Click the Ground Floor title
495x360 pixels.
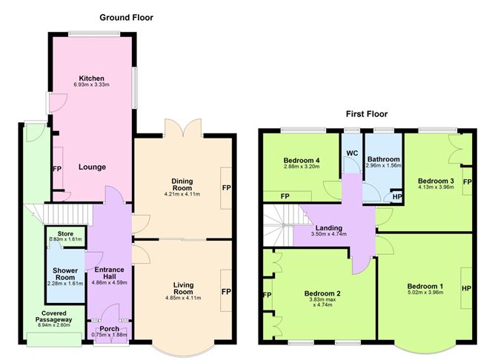126,18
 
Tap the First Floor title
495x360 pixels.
367,114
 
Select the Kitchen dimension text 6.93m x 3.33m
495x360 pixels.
92,85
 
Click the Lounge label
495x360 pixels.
92,167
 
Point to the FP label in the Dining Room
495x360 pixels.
226,188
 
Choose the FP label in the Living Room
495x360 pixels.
226,292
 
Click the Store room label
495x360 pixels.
65,234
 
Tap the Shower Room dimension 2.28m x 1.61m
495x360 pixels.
65,284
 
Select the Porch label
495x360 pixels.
109,329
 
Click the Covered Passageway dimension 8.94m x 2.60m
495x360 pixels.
54,325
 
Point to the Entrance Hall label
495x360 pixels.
109,273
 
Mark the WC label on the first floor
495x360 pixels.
352,153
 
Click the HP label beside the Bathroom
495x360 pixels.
397,197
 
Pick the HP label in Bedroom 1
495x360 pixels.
466,288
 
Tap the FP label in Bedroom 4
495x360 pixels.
285,196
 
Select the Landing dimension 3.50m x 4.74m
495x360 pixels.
328,234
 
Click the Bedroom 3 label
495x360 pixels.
436,181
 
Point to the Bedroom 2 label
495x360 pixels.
322,294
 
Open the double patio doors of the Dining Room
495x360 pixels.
183,128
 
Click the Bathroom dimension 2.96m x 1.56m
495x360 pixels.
384,166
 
